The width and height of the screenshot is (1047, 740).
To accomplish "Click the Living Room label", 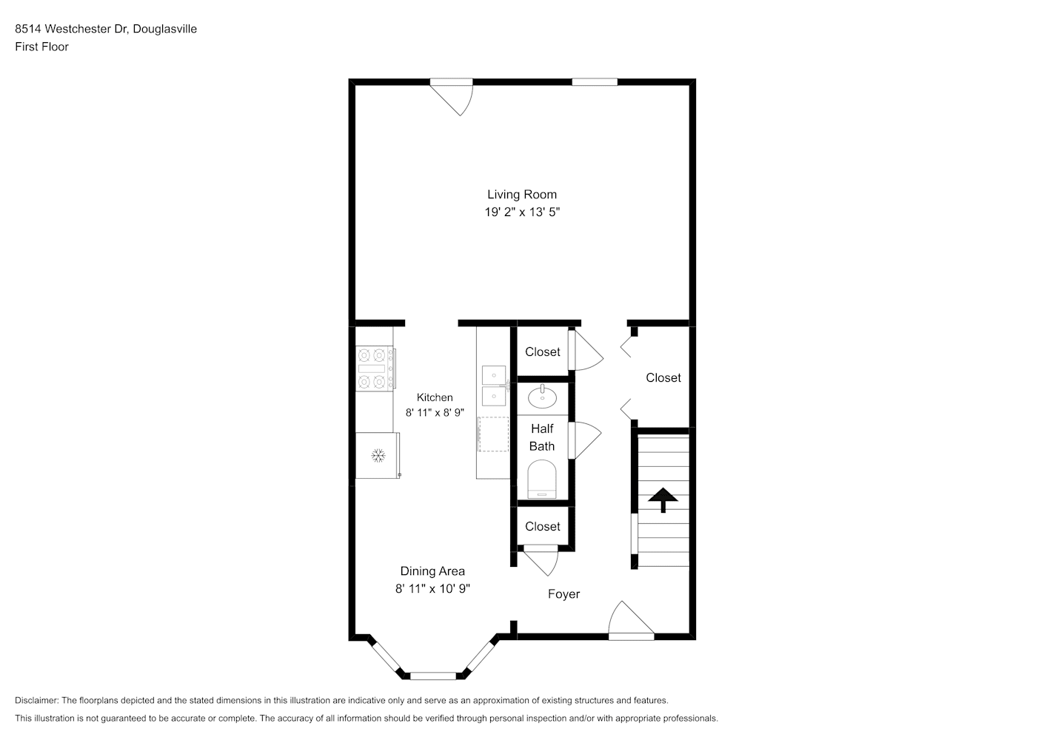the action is (521, 195).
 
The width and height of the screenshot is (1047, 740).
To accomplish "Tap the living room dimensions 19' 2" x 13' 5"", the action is (521, 212).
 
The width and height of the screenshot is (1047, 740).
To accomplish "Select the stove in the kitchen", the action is (375, 369).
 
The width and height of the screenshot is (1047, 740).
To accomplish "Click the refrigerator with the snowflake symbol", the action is (378, 455).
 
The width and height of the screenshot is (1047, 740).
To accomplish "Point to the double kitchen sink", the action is (494, 386).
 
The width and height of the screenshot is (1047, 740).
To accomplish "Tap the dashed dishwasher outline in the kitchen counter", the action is (494, 434).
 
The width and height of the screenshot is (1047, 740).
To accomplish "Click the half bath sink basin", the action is (542, 397).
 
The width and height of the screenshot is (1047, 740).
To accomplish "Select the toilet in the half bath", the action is (542, 479).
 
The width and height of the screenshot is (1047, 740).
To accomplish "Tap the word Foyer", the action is (563, 593).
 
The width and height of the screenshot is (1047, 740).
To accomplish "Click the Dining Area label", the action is (432, 571).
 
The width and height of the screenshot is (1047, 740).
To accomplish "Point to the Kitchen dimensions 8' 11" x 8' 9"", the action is (435, 413).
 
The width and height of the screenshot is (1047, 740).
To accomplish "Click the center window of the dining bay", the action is (433, 676).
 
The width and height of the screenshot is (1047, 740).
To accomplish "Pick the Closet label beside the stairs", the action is (663, 378).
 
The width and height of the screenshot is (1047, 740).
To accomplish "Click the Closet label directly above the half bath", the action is (542, 351).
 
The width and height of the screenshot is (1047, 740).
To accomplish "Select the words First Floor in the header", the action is (41, 47).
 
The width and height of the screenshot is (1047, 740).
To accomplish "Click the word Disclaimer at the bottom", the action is (36, 700).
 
